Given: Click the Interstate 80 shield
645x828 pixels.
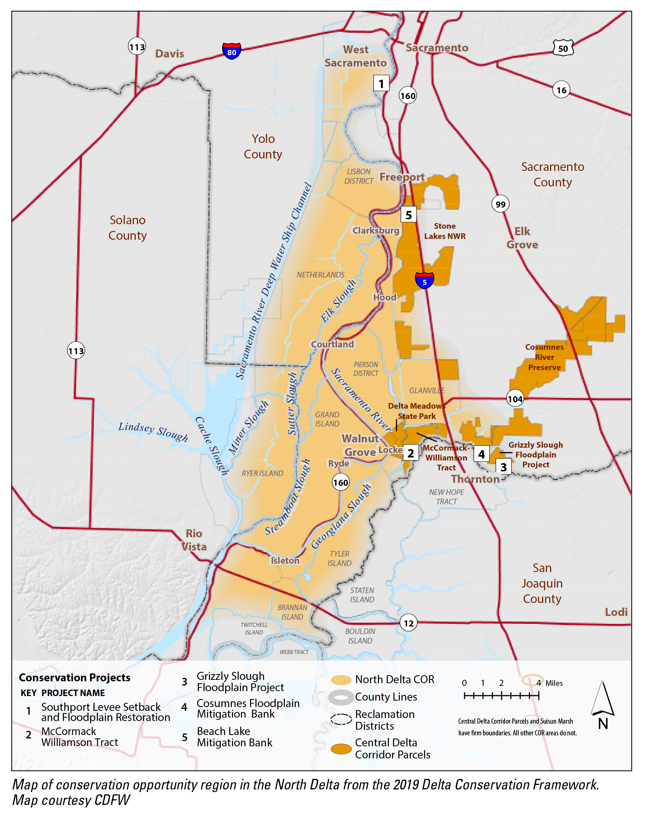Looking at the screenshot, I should (232, 51).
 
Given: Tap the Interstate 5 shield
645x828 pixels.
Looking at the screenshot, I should (424, 281).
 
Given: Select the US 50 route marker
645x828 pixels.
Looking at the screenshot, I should (563, 48).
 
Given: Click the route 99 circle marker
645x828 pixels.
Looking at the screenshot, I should (500, 204).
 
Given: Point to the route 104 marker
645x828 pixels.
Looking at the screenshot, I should (515, 398).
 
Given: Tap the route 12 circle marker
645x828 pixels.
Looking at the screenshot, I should (408, 623).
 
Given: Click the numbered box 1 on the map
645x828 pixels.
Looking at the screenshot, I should (381, 84).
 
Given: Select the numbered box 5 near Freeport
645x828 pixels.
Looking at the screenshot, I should (408, 215).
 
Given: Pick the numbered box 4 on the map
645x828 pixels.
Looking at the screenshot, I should (481, 454).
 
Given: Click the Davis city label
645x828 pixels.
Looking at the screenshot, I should (169, 54).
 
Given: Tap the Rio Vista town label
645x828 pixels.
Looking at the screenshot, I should (194, 540).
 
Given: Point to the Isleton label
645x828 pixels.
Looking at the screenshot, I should (285, 560).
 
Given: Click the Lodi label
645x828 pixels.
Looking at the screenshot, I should (616, 612).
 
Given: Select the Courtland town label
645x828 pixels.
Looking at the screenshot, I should (333, 344).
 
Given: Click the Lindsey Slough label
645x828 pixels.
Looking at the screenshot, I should (153, 432).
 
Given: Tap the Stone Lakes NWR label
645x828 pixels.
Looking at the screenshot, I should (445, 231).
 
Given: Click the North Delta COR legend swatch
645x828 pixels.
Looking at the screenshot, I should (341, 680).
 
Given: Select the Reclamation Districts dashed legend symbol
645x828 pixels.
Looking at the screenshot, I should (341, 719).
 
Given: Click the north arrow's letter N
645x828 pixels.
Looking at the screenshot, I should (603, 724).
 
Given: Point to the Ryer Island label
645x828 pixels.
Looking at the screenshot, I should (262, 473).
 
